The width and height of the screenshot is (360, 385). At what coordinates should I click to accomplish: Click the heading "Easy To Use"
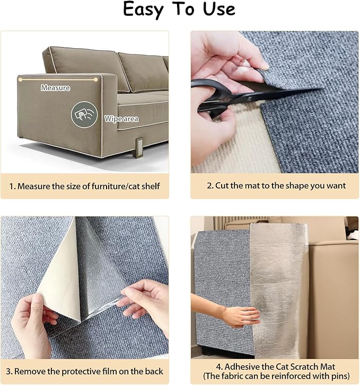179,10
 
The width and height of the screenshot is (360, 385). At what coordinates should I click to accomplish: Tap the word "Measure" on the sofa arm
55,88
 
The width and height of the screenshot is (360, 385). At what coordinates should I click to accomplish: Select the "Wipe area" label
121,119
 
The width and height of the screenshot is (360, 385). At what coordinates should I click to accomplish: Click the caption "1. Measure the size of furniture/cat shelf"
85,186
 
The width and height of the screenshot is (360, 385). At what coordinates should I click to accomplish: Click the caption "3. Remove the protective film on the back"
85,371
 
